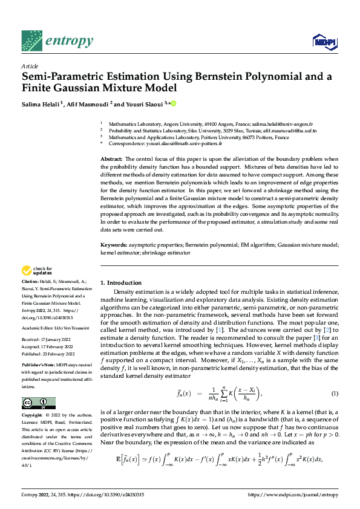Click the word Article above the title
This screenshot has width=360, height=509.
[30, 66]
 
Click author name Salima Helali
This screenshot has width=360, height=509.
[42, 104]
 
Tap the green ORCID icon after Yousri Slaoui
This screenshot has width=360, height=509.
[173, 104]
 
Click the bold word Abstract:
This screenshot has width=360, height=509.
[111, 158]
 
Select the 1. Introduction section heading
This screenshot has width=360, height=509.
[121, 283]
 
